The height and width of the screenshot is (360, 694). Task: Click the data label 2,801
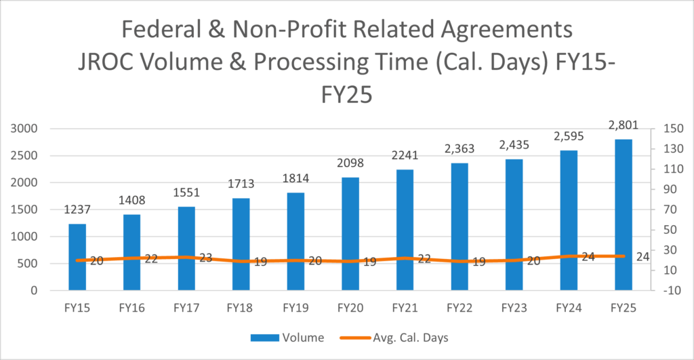624,127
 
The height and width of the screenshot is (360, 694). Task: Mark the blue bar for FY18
241,245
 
